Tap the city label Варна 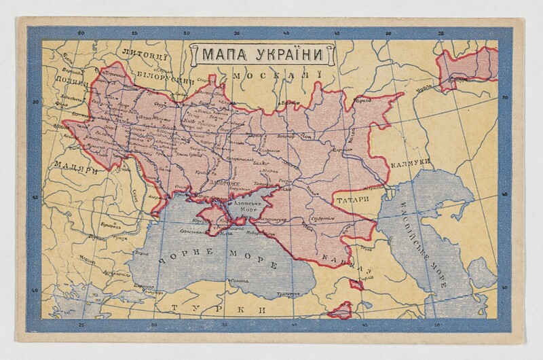pos(143,254)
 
